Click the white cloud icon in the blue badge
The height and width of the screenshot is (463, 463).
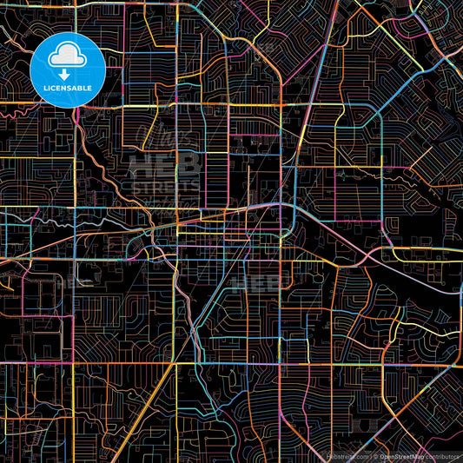pyautogui.click(x=68, y=56)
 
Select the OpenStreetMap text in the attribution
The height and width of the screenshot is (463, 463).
pyautogui.click(x=400, y=455)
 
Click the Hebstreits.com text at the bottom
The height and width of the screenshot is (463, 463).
pyautogui.click(x=345, y=455)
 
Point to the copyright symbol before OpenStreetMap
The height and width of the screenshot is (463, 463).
pyautogui.click(x=374, y=455)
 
